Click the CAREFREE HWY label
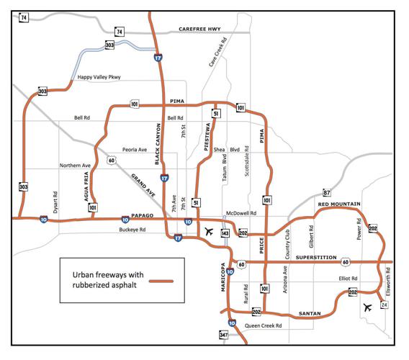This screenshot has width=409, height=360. [x=204, y=30]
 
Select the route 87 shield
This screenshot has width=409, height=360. [x=326, y=193]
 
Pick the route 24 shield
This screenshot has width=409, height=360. [x=384, y=305]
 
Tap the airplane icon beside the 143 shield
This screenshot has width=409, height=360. [x=209, y=232]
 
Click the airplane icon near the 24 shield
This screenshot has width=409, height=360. [x=368, y=307]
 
